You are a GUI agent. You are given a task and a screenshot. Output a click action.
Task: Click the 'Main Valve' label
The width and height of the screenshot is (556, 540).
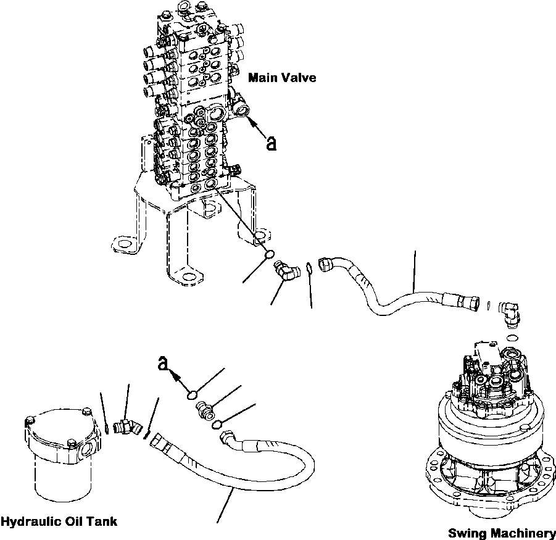click(281, 78)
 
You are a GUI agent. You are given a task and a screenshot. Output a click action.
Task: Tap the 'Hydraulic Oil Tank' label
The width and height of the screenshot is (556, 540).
click(59, 521)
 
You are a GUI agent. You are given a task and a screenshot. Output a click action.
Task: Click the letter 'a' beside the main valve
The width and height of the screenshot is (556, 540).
click(270, 144)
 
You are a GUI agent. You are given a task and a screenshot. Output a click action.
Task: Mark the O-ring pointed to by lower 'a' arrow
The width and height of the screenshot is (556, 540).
click(193, 394)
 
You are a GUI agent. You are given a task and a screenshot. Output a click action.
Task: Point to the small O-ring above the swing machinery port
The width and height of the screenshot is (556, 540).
click(512, 338)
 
